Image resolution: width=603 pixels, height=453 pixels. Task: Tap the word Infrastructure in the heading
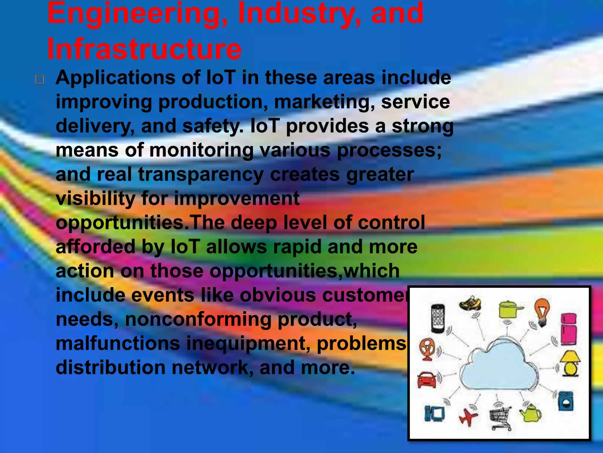144,49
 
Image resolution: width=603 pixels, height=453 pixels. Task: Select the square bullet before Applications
40,80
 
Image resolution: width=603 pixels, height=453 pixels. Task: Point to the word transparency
201,175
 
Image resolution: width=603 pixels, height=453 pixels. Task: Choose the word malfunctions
118,344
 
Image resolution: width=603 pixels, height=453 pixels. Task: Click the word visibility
95,198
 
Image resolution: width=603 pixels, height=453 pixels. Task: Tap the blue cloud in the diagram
501,366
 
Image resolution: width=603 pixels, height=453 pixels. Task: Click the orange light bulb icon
542,311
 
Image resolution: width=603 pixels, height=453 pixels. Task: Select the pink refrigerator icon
569,329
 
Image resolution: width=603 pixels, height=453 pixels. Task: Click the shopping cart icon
501,417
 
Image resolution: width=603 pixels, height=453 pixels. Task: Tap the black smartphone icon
438,319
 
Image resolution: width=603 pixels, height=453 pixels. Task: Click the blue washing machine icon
566,401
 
